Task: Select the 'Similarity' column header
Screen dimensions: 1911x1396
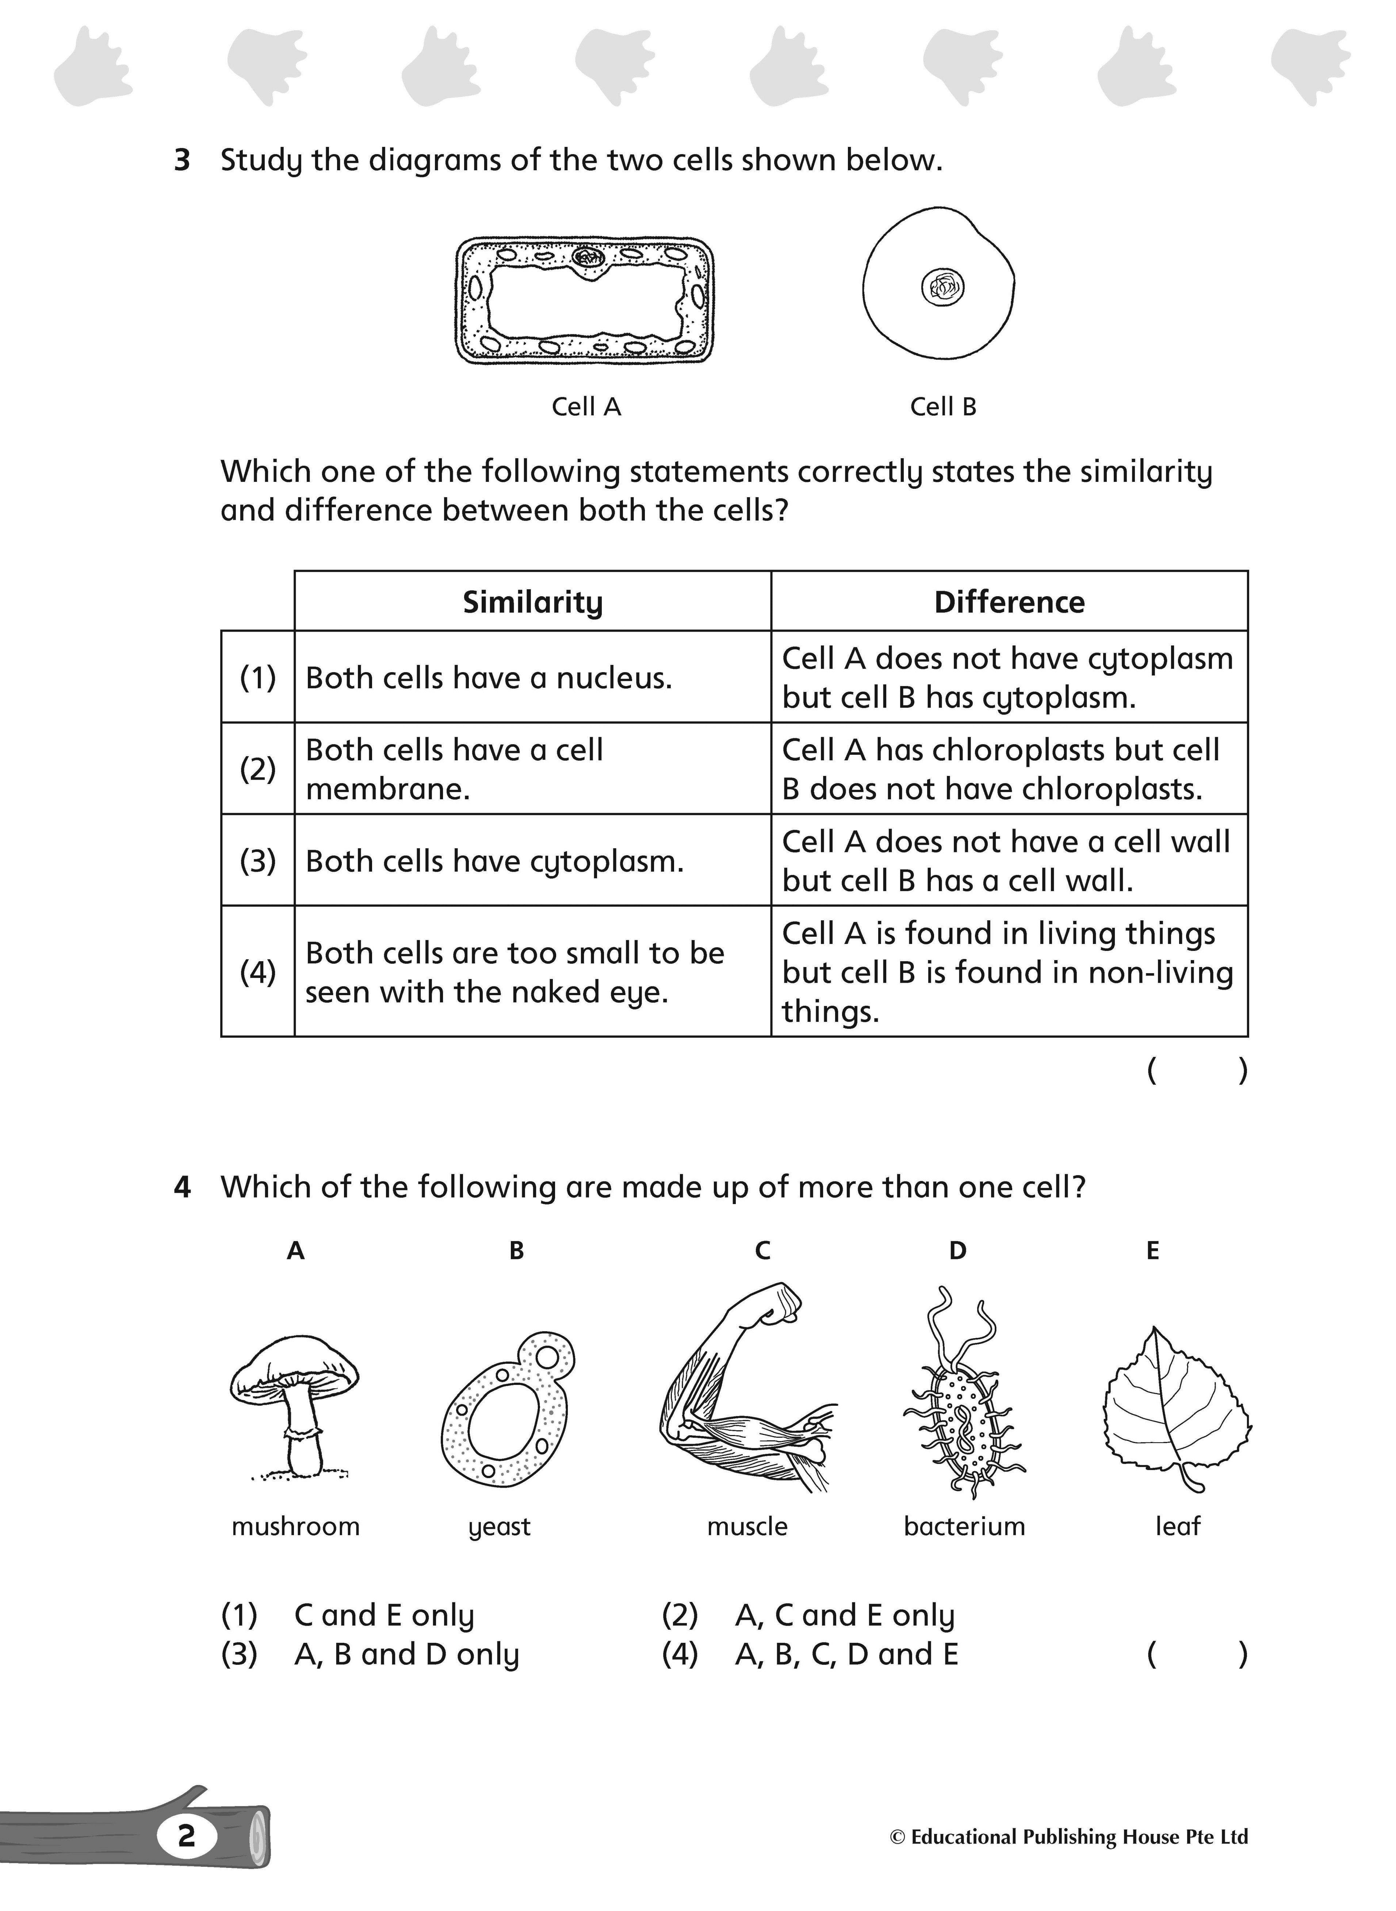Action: (x=532, y=602)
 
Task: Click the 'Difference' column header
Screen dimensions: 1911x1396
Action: (x=1009, y=602)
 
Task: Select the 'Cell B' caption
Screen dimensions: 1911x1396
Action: (x=943, y=407)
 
